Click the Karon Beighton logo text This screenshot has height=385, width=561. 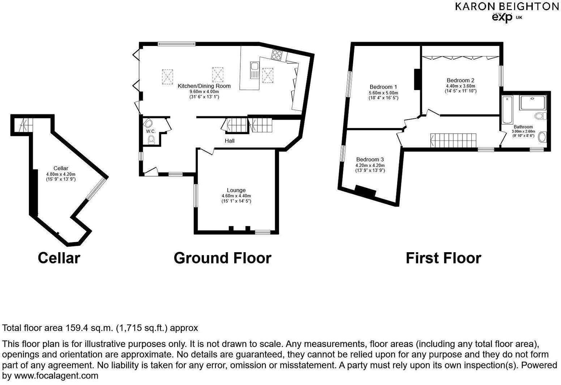tap(506, 7)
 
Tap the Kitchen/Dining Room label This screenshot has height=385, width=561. tap(204, 86)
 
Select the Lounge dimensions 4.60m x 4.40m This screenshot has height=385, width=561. tap(236, 196)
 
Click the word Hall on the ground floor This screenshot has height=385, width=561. tap(230, 141)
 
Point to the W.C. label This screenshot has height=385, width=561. tap(151, 131)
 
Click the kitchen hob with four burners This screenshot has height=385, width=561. tap(277, 55)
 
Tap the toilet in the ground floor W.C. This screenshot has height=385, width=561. tap(151, 140)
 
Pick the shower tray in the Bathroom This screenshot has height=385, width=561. tap(533, 102)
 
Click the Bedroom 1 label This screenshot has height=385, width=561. tap(383, 87)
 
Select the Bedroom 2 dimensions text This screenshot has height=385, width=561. tap(460, 89)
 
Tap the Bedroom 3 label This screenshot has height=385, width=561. tap(370, 160)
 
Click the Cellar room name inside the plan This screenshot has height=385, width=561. tap(61, 168)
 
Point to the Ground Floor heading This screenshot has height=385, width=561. tap(222, 258)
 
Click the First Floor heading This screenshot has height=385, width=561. tap(443, 258)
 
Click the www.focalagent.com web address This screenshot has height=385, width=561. tap(56, 376)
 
